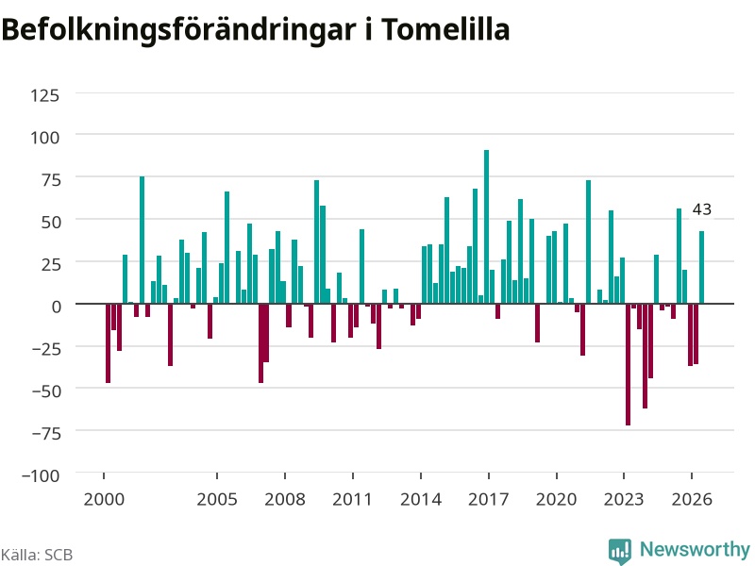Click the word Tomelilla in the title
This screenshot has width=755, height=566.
[x=445, y=29]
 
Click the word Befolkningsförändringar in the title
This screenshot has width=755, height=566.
[x=178, y=30]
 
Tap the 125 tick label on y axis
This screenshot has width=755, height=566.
[x=44, y=95]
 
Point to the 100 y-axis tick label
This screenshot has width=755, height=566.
[x=44, y=138]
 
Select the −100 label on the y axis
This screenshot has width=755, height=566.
[x=41, y=475]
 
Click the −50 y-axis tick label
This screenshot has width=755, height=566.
[x=46, y=391]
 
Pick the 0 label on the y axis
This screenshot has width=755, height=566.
[x=57, y=307]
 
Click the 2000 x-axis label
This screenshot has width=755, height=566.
[x=104, y=499]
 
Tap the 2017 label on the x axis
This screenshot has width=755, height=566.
[x=488, y=499]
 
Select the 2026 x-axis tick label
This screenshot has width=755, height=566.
[x=692, y=499]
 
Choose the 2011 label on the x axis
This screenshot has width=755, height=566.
[x=352, y=499]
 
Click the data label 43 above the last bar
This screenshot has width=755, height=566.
[x=701, y=209]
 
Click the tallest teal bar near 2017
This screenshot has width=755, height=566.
[x=486, y=226]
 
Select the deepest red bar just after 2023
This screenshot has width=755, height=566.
[x=628, y=364]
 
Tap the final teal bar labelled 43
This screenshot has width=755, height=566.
[x=701, y=268]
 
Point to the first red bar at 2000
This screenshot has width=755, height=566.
[x=108, y=343]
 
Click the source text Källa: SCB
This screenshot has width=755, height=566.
[x=37, y=555]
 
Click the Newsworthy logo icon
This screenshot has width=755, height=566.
[x=620, y=550]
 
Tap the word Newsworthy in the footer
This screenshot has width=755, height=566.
[x=695, y=549]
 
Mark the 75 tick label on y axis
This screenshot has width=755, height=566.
[x=51, y=180]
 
